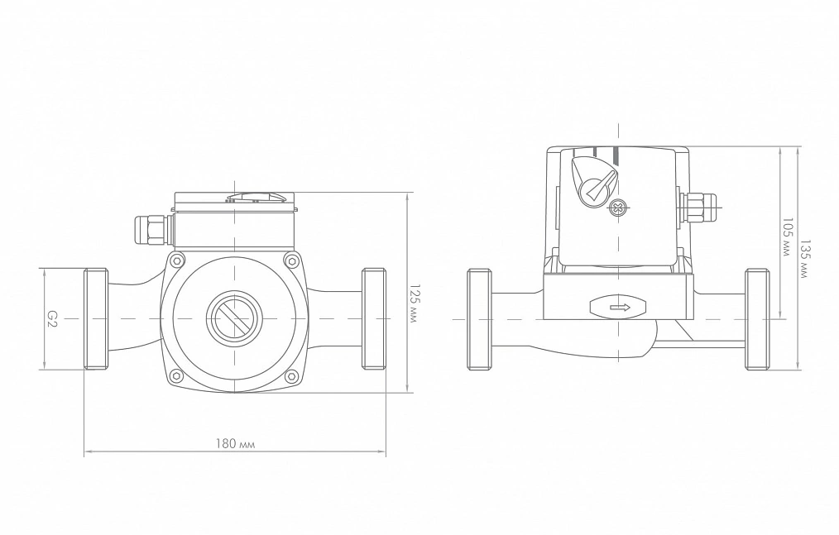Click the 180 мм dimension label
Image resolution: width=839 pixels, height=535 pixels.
pyautogui.click(x=236, y=443)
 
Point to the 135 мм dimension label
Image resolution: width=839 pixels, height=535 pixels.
pyautogui.click(x=805, y=259)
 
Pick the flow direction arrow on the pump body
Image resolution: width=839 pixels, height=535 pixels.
pyautogui.click(x=618, y=307)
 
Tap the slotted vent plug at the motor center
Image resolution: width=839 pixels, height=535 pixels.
pyautogui.click(x=234, y=318)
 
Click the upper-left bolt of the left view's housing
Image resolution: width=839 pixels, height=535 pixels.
pyautogui.click(x=176, y=261)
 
